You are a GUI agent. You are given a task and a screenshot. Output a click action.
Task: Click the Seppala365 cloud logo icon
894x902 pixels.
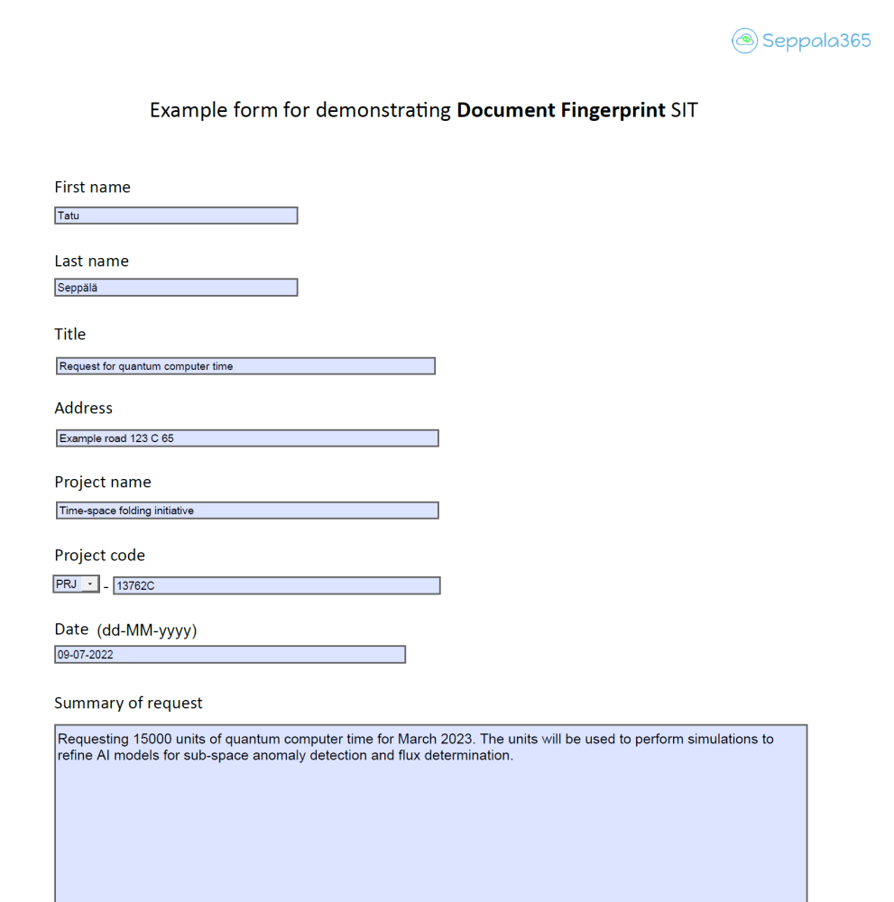744,41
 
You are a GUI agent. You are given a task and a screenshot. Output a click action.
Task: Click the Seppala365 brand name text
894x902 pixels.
816,41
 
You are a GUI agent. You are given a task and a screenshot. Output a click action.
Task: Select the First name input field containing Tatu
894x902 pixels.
176,216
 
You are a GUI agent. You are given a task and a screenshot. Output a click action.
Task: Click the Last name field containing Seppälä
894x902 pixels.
176,288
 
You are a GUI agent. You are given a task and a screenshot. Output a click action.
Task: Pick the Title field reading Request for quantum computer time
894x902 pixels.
245,366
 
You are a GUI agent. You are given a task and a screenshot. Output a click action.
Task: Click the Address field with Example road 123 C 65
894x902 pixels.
247,438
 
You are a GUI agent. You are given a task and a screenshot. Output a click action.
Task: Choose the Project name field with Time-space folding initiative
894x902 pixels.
247,511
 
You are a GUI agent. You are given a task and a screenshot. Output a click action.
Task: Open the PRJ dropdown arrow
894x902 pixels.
90,584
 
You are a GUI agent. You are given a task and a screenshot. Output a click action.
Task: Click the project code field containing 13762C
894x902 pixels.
276,585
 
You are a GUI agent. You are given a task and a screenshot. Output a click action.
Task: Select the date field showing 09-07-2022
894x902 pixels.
230,655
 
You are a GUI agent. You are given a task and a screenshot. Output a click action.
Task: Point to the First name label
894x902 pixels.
92,188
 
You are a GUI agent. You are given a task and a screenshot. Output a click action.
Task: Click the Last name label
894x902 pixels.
91,262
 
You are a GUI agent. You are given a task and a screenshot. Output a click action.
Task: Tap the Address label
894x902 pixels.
83,409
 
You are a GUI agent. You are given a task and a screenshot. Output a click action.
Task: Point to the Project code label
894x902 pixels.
99,556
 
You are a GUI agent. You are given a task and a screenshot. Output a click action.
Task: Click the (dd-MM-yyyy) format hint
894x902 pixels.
146,630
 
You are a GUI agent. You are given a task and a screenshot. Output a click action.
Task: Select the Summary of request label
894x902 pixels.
128,704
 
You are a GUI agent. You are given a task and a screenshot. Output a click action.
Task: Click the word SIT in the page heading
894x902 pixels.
684,110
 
